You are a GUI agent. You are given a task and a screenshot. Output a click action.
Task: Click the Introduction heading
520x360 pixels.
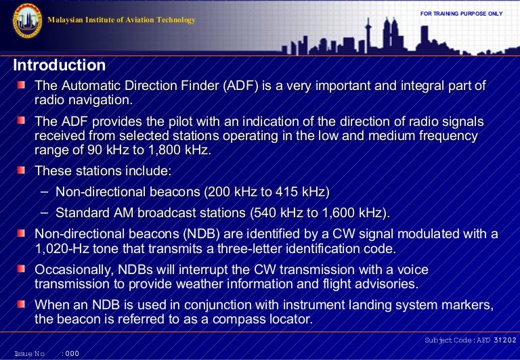[60, 66]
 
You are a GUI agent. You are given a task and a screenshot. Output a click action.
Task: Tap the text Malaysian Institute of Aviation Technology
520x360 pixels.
[121, 20]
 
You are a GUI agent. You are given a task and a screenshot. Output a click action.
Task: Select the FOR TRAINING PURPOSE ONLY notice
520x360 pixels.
[461, 14]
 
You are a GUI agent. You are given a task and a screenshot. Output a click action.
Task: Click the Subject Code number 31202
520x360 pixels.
[505, 340]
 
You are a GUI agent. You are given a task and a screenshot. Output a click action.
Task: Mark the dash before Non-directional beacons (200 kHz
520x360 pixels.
[44, 192]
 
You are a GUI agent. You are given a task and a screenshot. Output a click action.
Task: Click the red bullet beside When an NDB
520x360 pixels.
[22, 304]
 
